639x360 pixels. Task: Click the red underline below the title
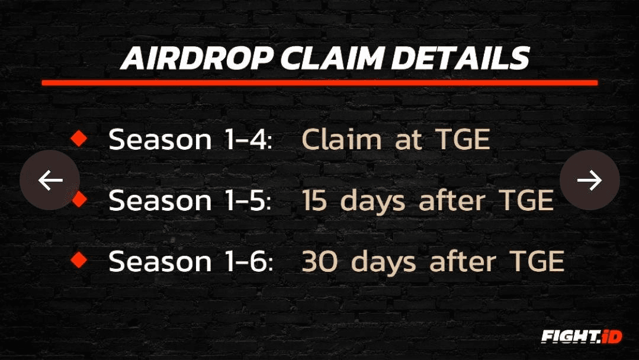pyautogui.click(x=320, y=83)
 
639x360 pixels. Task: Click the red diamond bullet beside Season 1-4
pyautogui.click(x=79, y=139)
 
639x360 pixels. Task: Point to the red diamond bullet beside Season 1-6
pyautogui.click(x=79, y=260)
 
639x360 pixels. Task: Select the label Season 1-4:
pyautogui.click(x=190, y=139)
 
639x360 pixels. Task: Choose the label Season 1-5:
pyautogui.click(x=190, y=200)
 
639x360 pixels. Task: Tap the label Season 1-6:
pyautogui.click(x=191, y=261)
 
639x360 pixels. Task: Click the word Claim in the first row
pyautogui.click(x=342, y=139)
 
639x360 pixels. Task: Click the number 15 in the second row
pyautogui.click(x=314, y=200)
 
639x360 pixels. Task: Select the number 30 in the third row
pyautogui.click(x=320, y=261)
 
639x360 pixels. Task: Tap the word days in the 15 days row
pyautogui.click(x=373, y=201)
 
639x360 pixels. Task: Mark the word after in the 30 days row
pyautogui.click(x=463, y=261)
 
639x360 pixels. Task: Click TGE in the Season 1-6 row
pyautogui.click(x=537, y=261)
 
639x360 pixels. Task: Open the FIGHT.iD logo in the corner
pyautogui.click(x=582, y=336)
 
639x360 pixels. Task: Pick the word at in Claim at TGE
pyautogui.click(x=409, y=140)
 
